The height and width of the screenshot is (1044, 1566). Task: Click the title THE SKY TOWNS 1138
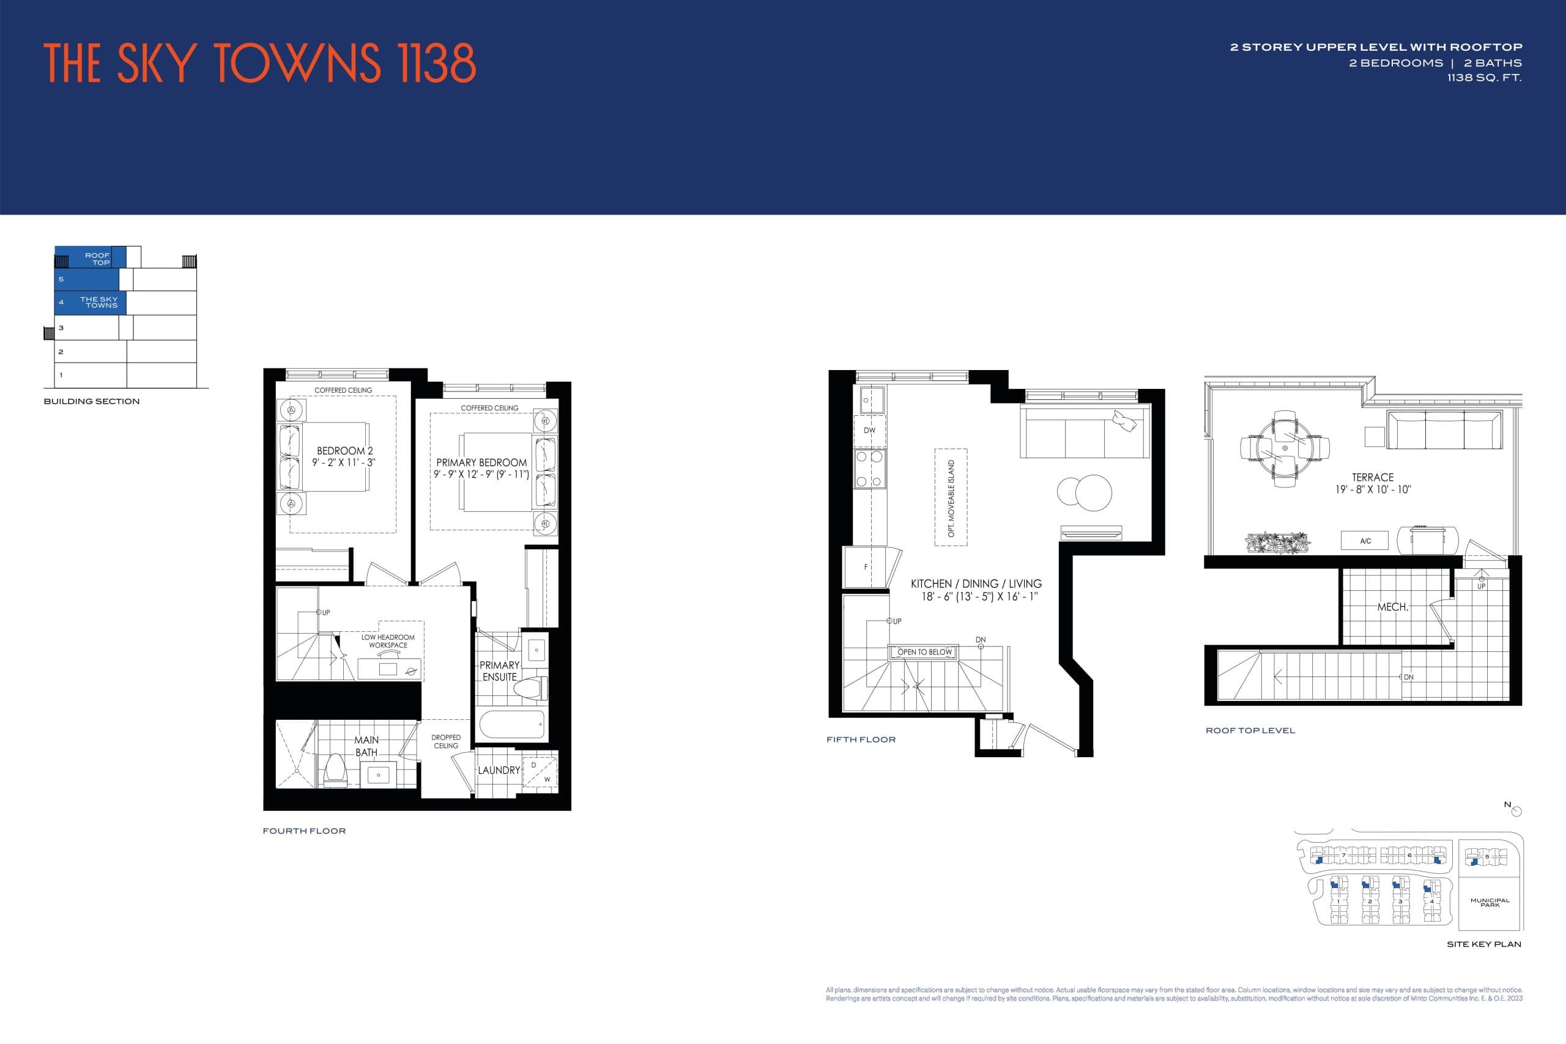pos(259,63)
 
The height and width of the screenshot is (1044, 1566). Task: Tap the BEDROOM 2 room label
pos(344,451)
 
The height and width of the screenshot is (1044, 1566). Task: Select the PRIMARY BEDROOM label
pos(481,463)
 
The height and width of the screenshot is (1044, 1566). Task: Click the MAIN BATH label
pos(366,746)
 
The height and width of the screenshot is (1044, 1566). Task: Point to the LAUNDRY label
pos(499,771)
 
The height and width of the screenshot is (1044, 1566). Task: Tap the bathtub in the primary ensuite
pos(511,724)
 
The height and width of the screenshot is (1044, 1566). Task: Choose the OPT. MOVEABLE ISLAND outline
pos(951,497)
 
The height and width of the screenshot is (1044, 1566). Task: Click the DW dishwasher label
pos(869,430)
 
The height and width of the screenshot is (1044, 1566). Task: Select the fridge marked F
pos(866,568)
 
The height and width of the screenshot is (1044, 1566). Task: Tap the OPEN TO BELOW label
pos(924,652)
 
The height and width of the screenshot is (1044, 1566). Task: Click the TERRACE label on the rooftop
pos(1372,478)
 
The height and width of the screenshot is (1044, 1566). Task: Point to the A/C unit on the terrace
pos(1365,541)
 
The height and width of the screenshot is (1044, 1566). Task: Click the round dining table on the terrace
pos(1285,448)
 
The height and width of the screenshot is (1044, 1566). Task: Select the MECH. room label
pos(1392,607)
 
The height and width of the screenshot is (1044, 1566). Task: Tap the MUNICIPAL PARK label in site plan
pos(1490,902)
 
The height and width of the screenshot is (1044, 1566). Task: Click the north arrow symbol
pos(1516,811)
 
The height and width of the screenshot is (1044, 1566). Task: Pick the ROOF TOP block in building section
pos(90,257)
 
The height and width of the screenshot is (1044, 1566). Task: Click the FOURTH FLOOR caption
pos(304,831)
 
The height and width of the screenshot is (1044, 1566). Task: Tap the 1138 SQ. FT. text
pos(1484,78)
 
